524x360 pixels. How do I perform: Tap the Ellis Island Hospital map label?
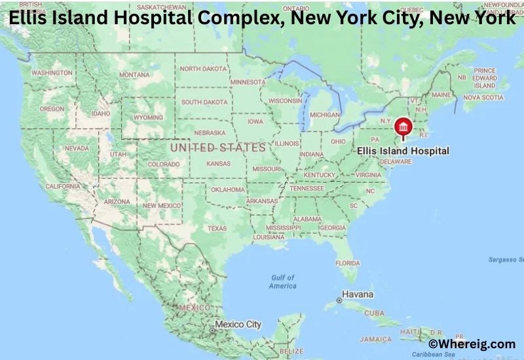coord(403,151)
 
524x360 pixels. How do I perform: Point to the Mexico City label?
coord(238,324)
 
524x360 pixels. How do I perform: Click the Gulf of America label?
coord(283,281)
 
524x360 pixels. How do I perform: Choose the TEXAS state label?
coord(217,228)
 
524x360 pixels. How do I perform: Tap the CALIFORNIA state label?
coord(63,187)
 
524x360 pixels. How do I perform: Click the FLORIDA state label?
coord(347,262)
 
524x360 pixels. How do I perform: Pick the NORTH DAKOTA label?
coord(204,69)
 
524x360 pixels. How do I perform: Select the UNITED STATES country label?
coord(218,148)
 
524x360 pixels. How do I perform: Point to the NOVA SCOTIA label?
coord(483,97)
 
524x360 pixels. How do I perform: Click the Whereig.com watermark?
coord(472,344)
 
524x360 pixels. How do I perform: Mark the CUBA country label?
coord(374,313)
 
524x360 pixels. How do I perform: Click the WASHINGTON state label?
coord(52,72)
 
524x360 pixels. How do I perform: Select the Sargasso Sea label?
coord(506,260)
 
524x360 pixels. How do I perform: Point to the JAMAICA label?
coord(375,339)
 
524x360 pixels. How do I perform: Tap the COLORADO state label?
coord(163,164)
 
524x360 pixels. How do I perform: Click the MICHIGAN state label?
coord(325,115)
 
